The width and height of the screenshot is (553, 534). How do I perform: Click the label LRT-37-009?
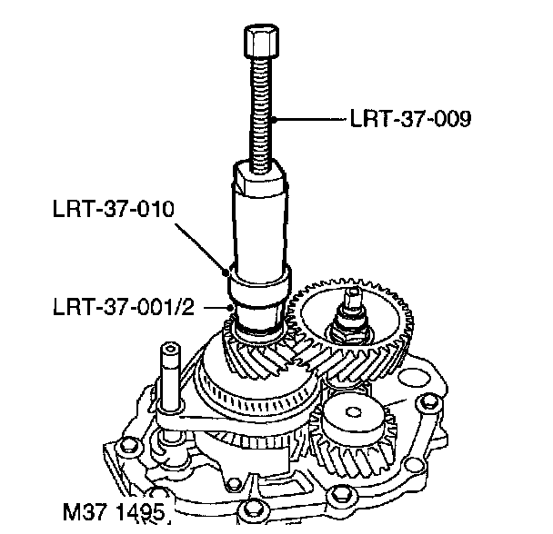click(x=409, y=119)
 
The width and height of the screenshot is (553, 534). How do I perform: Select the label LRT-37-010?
click(x=112, y=210)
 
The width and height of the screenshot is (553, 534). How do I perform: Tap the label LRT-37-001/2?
click(x=123, y=305)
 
